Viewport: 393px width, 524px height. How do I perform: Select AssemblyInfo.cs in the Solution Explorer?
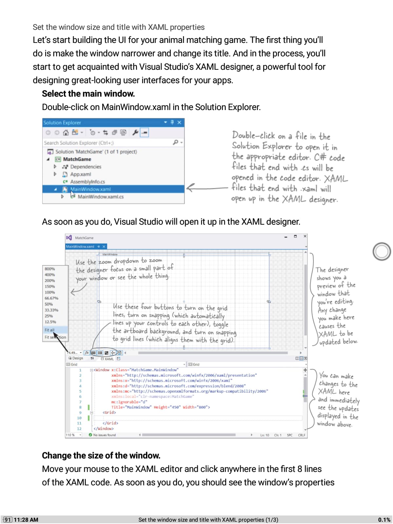click(87, 182)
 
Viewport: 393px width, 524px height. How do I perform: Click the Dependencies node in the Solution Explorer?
click(85, 167)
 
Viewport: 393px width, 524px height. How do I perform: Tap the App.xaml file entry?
click(81, 174)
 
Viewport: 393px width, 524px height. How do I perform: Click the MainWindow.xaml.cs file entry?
click(101, 197)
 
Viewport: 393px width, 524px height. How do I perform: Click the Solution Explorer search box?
click(108, 143)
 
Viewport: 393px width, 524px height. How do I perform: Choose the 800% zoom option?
click(50, 269)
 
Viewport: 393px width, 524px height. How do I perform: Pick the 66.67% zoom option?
click(51, 298)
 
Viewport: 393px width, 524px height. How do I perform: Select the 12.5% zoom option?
click(50, 322)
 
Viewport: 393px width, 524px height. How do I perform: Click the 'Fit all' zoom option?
click(49, 330)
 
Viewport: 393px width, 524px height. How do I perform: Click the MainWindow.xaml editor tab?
click(80, 247)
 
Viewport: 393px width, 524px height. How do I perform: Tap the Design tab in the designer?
click(76, 358)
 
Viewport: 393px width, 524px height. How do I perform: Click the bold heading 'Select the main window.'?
click(88, 94)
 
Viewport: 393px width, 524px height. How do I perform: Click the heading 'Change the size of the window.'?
click(101, 456)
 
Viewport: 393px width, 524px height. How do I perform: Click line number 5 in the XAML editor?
click(80, 391)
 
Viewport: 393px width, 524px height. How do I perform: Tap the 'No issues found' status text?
click(104, 435)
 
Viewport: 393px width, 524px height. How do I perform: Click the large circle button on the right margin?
click(382, 252)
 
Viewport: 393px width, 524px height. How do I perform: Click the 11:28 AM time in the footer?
click(26, 520)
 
